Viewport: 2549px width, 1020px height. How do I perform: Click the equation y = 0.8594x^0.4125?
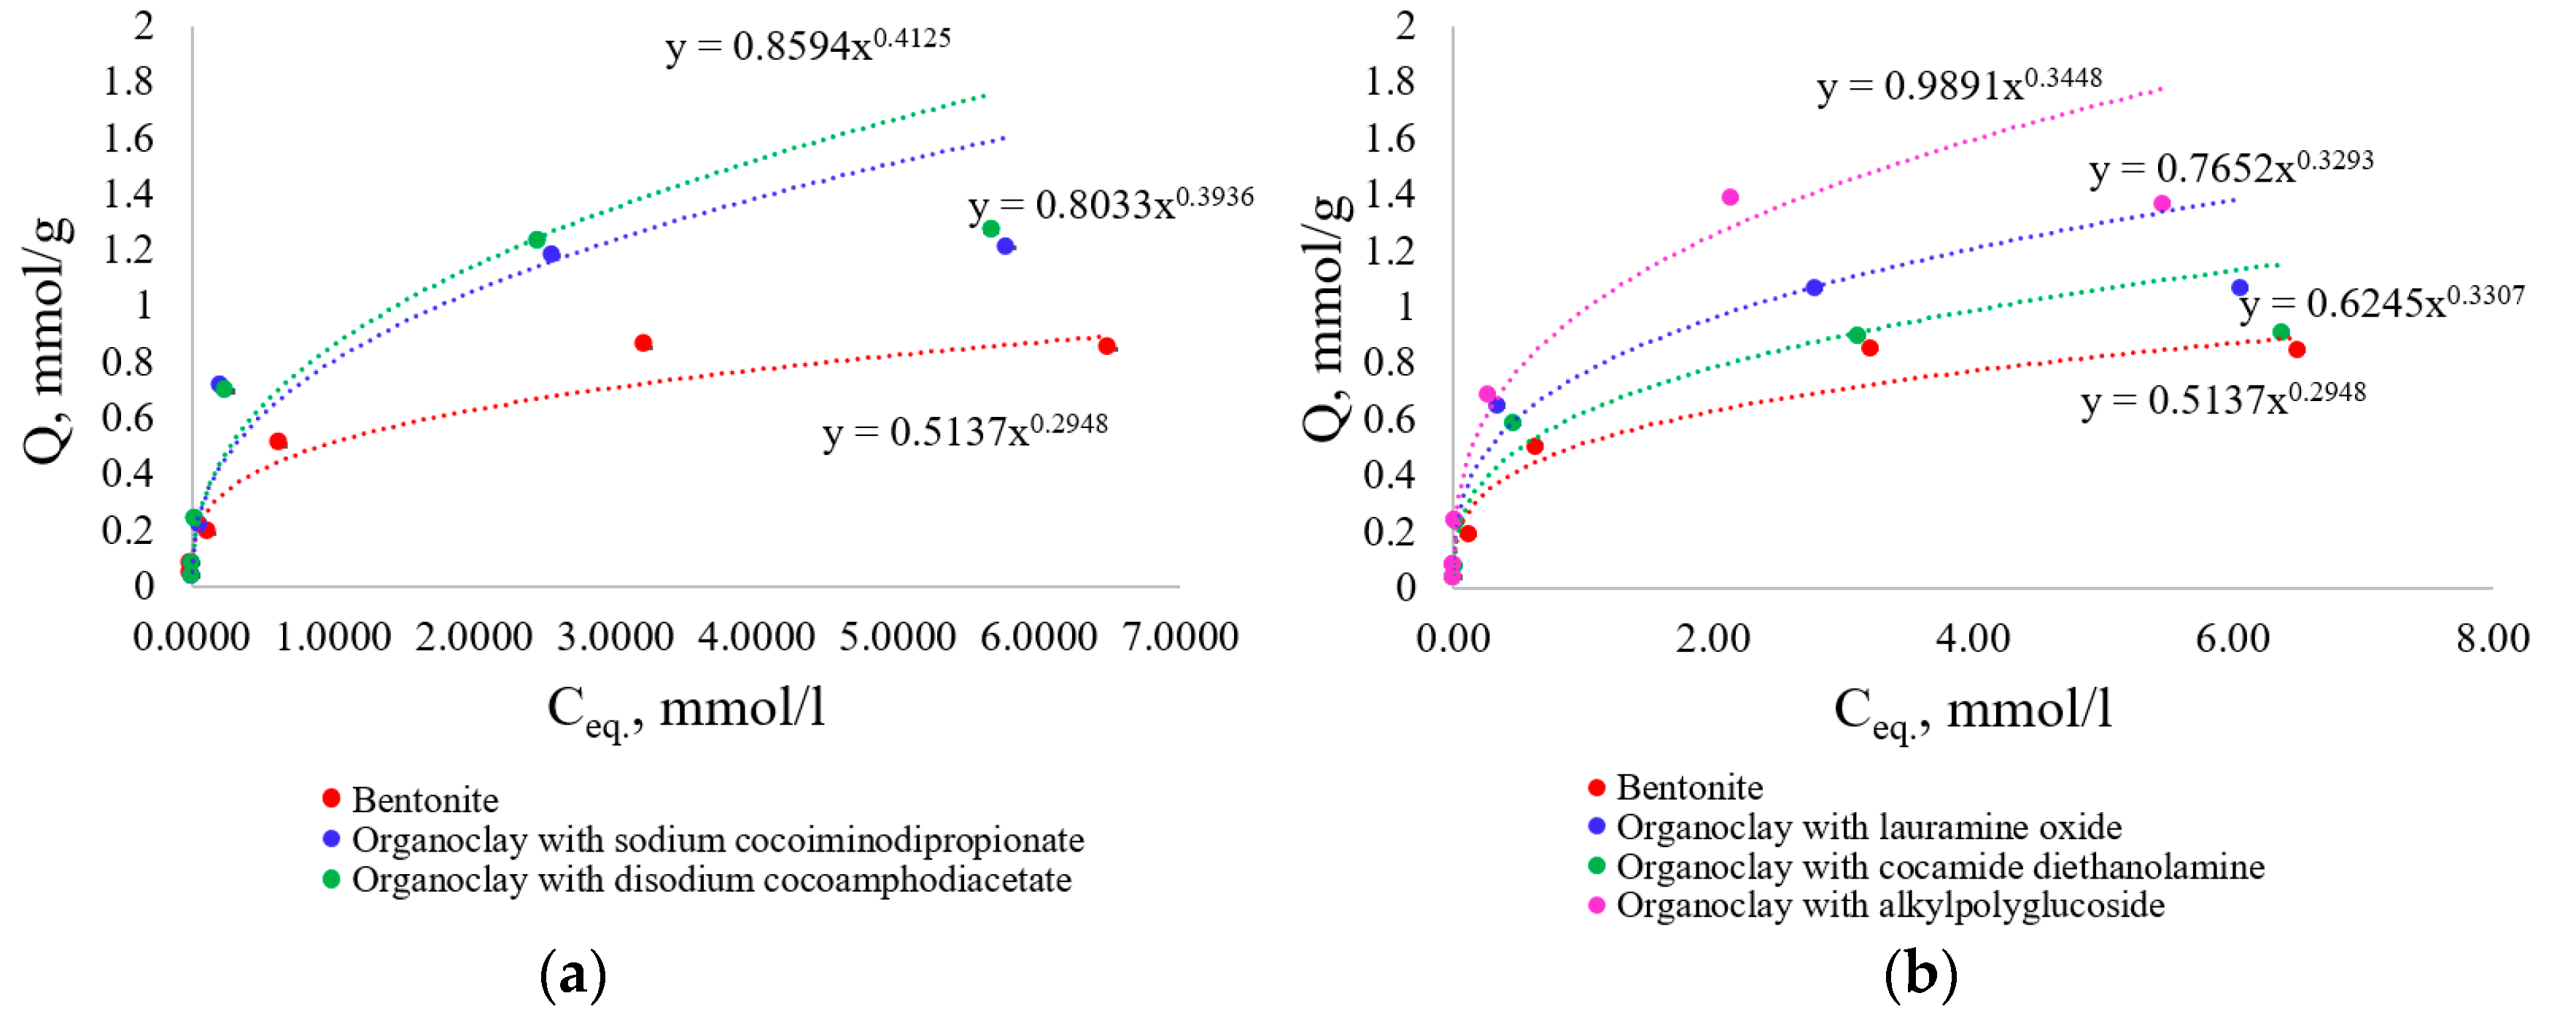[807, 45]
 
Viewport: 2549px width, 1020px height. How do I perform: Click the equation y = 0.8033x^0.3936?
[1110, 205]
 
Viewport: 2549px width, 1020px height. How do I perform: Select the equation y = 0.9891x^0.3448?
[1958, 85]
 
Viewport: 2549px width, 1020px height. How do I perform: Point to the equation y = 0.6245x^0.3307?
[2381, 303]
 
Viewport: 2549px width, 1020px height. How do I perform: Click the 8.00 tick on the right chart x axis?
[2491, 638]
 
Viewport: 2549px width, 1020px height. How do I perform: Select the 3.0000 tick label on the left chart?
[615, 637]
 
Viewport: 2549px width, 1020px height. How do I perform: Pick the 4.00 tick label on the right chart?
[1972, 638]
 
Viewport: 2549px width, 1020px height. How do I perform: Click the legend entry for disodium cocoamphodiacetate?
[710, 879]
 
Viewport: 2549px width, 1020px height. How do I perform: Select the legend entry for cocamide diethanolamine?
[1939, 867]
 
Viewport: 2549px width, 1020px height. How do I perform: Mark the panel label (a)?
[573, 976]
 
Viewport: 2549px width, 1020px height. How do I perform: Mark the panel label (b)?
[1920, 976]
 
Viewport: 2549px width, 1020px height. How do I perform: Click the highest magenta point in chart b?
[1730, 197]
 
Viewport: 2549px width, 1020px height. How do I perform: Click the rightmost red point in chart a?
[1106, 346]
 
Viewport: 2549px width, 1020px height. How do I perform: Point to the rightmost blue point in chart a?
[1005, 246]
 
